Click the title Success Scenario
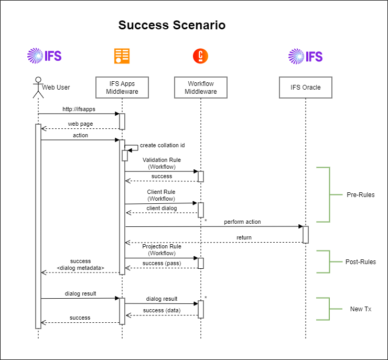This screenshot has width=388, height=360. (x=172, y=25)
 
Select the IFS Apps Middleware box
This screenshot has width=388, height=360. (x=122, y=88)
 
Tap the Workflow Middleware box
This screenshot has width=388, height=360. (x=201, y=88)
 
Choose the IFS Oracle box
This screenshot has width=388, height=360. (x=306, y=88)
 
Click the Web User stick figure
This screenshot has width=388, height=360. (x=38, y=87)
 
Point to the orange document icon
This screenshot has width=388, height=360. (x=122, y=56)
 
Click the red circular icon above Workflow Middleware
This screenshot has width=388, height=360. (x=200, y=56)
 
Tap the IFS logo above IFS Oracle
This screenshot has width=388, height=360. (x=306, y=56)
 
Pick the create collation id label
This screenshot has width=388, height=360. (x=162, y=145)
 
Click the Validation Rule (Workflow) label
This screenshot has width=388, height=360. (x=161, y=163)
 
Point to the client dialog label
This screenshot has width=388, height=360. (x=161, y=208)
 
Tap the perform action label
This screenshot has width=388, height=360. (x=242, y=222)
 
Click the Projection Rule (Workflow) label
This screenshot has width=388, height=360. (x=161, y=249)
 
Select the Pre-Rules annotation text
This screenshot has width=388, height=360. (x=361, y=195)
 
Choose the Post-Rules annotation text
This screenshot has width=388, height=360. (x=360, y=261)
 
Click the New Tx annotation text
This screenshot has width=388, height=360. (x=361, y=309)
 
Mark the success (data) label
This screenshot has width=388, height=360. (x=161, y=310)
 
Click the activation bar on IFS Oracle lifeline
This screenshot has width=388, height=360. (x=306, y=234)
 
